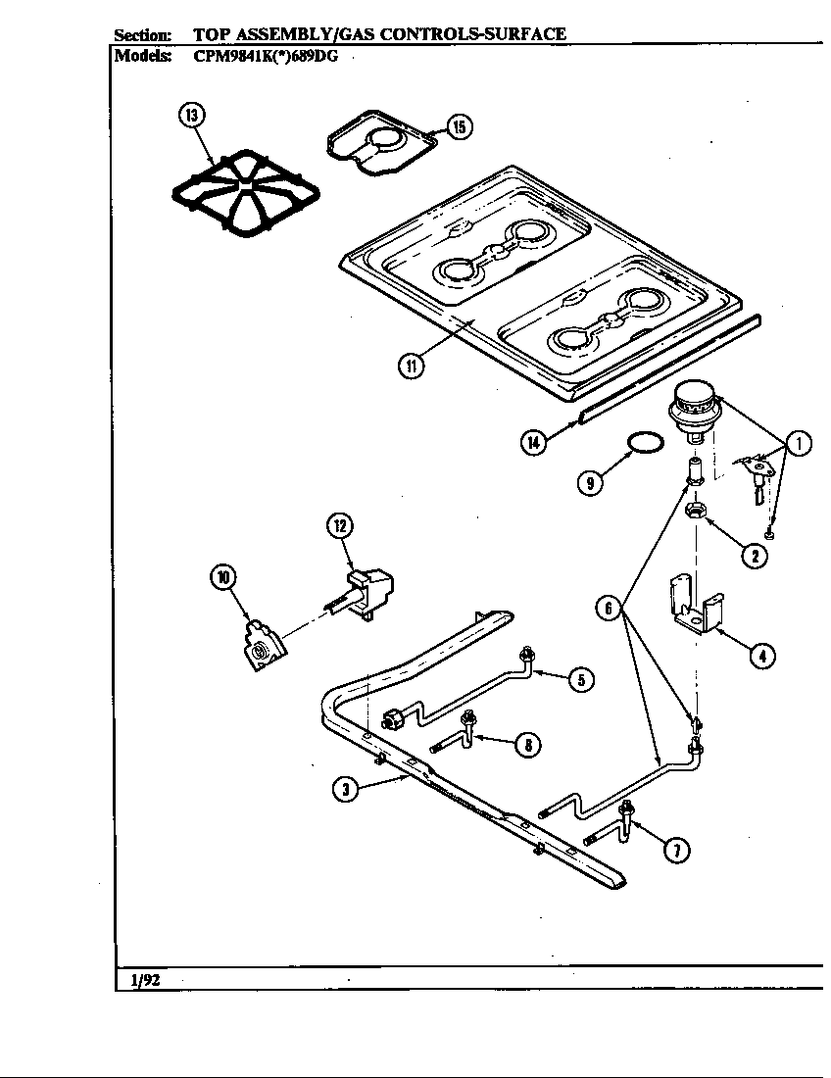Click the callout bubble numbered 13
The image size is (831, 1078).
[x=191, y=116]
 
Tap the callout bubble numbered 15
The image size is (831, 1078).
[x=459, y=125]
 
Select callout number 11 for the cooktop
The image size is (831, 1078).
[x=410, y=367]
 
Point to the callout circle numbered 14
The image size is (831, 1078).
[x=533, y=442]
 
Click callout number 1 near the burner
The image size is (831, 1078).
[x=799, y=444]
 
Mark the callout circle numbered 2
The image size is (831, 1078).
[x=754, y=556]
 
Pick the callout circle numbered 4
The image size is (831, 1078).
[x=762, y=656]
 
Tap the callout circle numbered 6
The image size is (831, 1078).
[x=610, y=608]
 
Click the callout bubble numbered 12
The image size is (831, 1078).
[x=339, y=526]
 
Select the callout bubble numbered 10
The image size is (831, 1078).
[x=224, y=577]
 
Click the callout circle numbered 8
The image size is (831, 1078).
[x=527, y=745]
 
